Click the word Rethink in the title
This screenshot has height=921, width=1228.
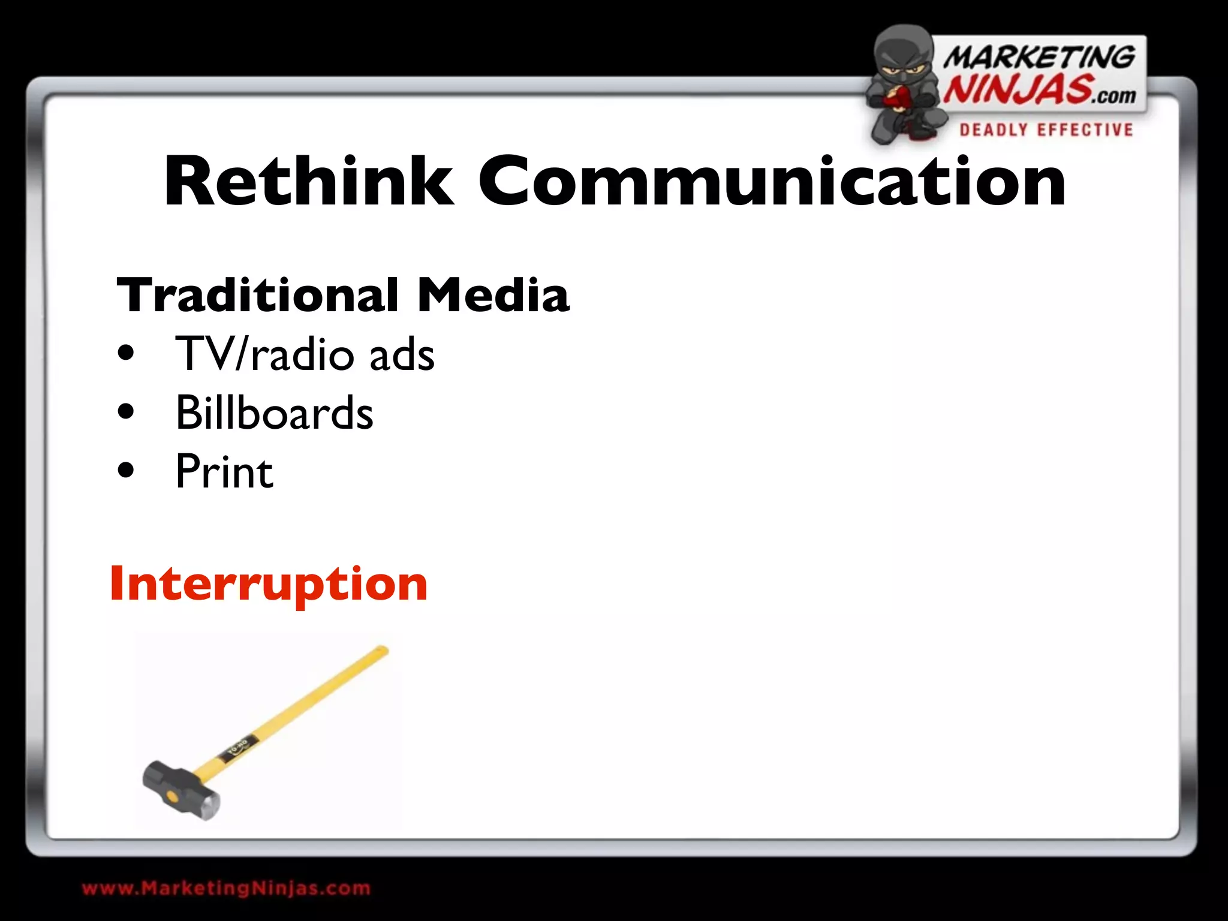click(309, 181)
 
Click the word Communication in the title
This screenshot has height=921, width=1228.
click(772, 181)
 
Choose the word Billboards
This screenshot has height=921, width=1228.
click(274, 413)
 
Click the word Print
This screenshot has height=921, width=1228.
click(224, 472)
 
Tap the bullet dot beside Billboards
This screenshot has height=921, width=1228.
click(126, 413)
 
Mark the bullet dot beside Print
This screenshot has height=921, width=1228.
click(126, 471)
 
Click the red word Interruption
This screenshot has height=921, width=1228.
click(269, 583)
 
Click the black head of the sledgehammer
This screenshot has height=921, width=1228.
click(180, 790)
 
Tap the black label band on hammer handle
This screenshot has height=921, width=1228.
click(240, 750)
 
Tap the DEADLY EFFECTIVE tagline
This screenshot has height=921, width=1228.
click(1046, 130)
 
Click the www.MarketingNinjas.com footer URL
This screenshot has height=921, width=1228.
click(226, 888)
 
